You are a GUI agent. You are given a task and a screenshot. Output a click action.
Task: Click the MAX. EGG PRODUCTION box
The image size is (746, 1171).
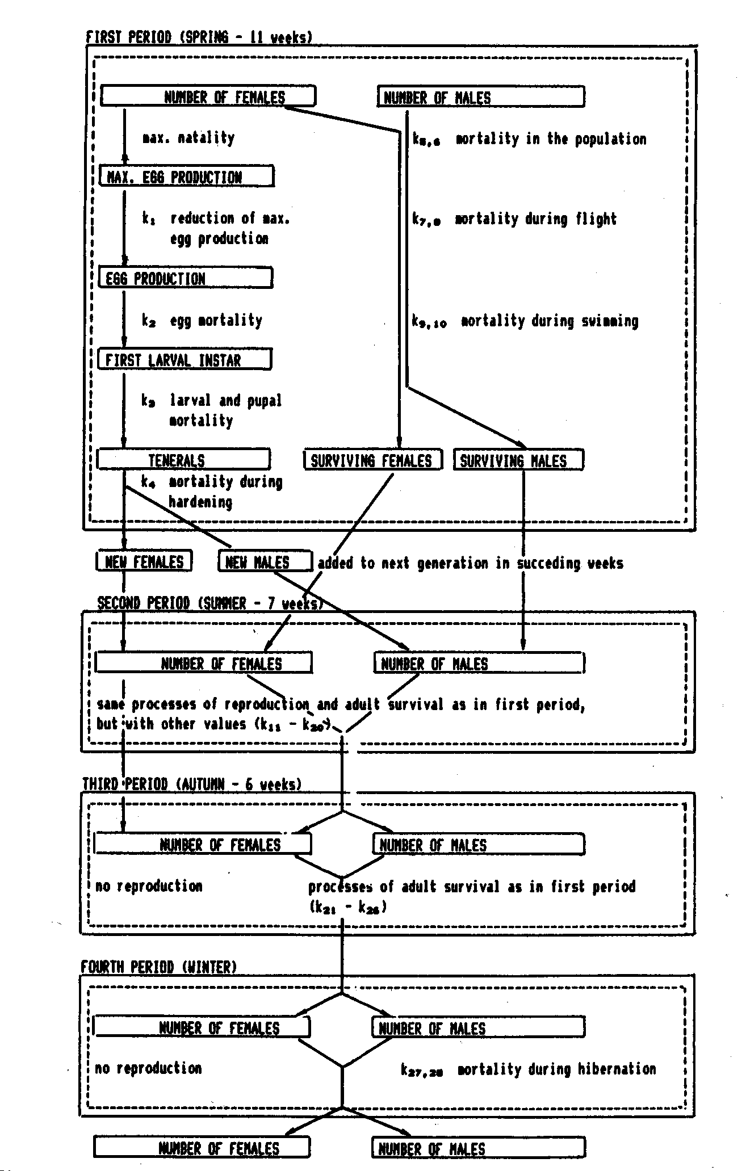click(x=186, y=177)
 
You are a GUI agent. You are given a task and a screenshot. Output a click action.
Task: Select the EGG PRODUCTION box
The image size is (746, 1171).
click(x=185, y=278)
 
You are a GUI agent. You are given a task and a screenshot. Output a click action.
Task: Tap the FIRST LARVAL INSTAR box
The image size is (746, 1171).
click(x=185, y=360)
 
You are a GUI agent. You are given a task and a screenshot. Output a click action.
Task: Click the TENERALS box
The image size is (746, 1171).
click(x=183, y=460)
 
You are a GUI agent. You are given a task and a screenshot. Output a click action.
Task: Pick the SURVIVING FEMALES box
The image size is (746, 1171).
click(x=372, y=460)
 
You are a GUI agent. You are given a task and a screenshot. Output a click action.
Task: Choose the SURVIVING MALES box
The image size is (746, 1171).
click(x=518, y=460)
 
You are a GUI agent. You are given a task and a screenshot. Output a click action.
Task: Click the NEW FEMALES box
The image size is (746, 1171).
click(x=144, y=562)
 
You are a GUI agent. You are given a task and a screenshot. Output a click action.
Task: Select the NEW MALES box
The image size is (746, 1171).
click(x=265, y=562)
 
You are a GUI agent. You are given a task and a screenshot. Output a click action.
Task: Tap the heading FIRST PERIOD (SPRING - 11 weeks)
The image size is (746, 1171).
click(x=199, y=37)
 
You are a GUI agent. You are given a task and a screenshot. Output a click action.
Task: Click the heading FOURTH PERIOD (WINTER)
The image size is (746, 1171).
click(x=159, y=967)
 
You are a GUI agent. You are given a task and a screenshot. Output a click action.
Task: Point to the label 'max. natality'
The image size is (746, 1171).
click(x=188, y=138)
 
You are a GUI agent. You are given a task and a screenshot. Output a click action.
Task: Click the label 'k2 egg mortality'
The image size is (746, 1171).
click(x=202, y=321)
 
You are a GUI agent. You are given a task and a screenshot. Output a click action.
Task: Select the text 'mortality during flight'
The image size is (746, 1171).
click(x=535, y=219)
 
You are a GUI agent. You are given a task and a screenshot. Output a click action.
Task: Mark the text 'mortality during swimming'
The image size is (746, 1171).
click(x=549, y=321)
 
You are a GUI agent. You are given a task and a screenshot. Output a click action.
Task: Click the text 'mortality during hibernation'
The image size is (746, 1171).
click(x=556, y=1069)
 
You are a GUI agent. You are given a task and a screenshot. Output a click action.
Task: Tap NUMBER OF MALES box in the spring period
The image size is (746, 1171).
click(x=480, y=98)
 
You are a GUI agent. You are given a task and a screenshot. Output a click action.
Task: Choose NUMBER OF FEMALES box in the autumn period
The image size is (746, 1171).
click(x=203, y=845)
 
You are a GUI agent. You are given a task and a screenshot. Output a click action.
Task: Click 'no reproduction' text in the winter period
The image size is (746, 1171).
click(x=148, y=1068)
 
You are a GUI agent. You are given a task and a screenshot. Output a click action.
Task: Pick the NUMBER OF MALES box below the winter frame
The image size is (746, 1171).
click(x=478, y=1149)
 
